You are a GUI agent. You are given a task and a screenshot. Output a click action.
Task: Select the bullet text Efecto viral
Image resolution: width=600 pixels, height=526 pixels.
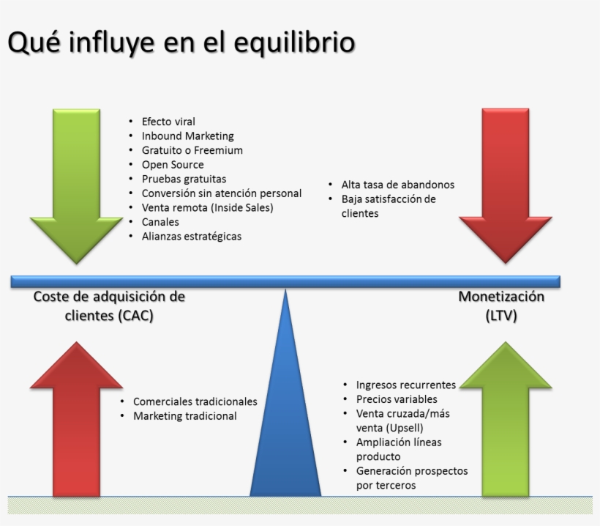coord(168,122)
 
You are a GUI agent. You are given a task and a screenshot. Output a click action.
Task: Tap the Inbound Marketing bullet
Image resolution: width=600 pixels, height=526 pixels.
coord(187,136)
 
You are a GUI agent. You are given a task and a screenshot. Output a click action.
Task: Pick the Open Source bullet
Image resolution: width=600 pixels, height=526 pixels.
coord(173,165)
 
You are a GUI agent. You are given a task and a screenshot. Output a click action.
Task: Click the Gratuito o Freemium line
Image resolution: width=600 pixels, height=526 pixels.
coord(192,150)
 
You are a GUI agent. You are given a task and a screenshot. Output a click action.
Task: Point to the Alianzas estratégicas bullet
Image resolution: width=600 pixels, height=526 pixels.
coord(191,236)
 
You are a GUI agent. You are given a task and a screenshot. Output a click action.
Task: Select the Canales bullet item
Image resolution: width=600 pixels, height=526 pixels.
coord(160,222)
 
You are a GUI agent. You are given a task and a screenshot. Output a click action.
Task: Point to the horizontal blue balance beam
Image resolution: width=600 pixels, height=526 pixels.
coord(285,281)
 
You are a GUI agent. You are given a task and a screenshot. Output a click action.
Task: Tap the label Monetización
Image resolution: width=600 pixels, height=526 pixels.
coord(502,297)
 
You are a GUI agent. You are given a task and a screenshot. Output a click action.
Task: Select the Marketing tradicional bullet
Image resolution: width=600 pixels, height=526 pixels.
coord(184,416)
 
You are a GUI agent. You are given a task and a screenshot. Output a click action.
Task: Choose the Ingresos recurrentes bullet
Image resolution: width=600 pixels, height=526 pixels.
coord(405,385)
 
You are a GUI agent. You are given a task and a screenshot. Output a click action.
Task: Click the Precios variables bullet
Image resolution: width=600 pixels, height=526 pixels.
coord(397,399)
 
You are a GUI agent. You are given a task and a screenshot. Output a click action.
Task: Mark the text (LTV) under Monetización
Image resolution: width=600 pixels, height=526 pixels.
coord(502,316)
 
